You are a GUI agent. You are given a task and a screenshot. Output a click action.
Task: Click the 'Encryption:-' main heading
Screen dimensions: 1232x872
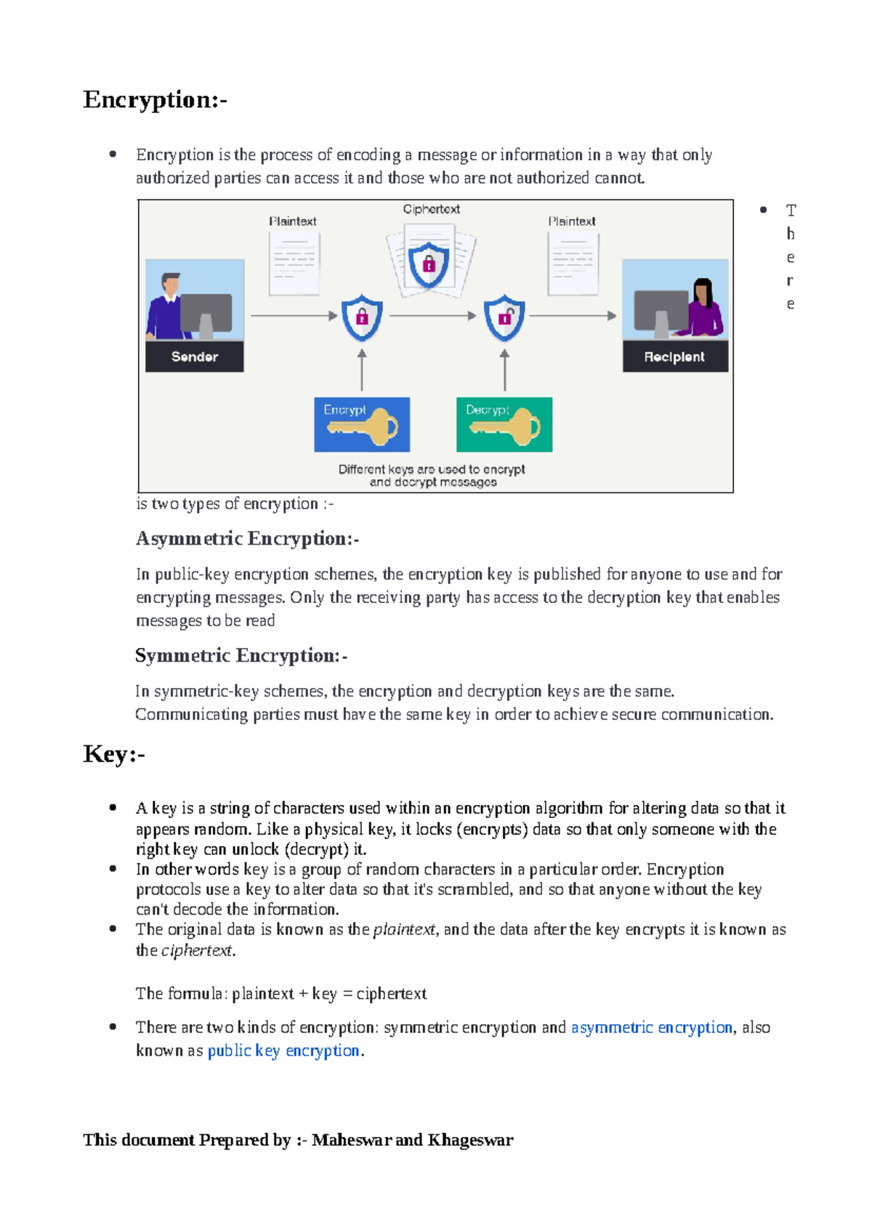pyautogui.click(x=155, y=100)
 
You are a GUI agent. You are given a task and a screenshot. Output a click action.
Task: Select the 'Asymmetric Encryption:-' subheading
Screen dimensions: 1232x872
pyautogui.click(x=247, y=538)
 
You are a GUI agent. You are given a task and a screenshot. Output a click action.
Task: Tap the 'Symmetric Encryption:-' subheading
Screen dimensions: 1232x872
pyautogui.click(x=241, y=655)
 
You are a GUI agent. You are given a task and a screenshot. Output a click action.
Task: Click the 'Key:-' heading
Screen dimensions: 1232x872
pyautogui.click(x=114, y=754)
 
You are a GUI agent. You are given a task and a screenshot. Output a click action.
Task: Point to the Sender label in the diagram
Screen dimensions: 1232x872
pyautogui.click(x=194, y=357)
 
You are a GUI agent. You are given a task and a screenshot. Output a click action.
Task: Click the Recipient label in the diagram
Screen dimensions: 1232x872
pyautogui.click(x=674, y=357)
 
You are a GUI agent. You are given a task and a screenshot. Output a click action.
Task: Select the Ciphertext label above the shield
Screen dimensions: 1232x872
pyautogui.click(x=431, y=209)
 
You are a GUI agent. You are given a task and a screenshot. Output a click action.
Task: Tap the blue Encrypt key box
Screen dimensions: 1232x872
pyautogui.click(x=362, y=424)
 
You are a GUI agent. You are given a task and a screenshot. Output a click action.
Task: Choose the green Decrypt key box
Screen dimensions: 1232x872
pyautogui.click(x=504, y=424)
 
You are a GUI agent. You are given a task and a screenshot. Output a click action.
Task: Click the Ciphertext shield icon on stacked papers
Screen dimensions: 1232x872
pyautogui.click(x=429, y=264)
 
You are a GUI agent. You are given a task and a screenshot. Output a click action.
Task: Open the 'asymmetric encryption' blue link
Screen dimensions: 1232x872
pyautogui.click(x=652, y=1027)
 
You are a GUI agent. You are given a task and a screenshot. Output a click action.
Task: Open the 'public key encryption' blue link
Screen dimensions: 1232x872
pyautogui.click(x=283, y=1050)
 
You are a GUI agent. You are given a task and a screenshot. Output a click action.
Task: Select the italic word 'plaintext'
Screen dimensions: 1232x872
pyautogui.click(x=403, y=929)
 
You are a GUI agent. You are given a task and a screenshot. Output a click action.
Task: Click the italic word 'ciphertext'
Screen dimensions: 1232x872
pyautogui.click(x=196, y=950)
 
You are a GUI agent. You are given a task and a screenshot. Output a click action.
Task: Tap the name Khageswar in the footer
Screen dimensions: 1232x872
pyautogui.click(x=470, y=1140)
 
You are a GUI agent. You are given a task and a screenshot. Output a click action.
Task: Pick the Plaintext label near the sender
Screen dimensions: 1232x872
pyautogui.click(x=293, y=221)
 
